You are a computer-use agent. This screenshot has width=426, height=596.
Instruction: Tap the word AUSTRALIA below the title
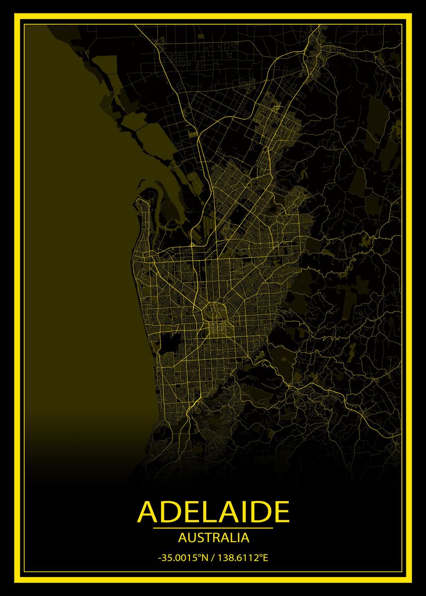coord(213,537)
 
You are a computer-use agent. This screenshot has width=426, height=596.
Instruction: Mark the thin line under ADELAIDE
coord(213,528)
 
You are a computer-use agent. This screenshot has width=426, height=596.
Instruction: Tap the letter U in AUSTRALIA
coord(187,537)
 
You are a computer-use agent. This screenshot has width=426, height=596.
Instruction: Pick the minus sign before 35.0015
coord(160,558)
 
